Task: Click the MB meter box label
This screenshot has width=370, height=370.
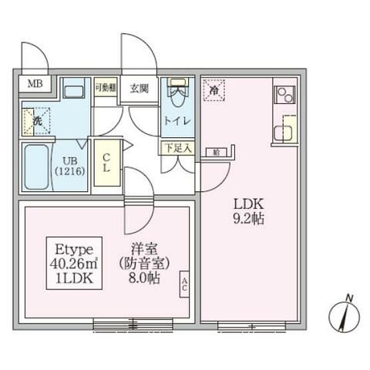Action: click(35, 84)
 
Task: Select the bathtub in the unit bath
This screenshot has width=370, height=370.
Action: click(35, 167)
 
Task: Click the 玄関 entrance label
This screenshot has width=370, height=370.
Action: click(139, 86)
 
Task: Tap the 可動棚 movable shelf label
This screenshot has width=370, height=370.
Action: click(105, 86)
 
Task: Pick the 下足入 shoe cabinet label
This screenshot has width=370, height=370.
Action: click(177, 146)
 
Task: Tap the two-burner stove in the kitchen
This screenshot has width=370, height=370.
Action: click(283, 96)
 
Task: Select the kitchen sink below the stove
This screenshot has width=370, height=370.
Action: click(284, 126)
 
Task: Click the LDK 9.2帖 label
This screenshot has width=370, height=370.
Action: click(249, 210)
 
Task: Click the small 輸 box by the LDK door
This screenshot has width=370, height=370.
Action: click(217, 152)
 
